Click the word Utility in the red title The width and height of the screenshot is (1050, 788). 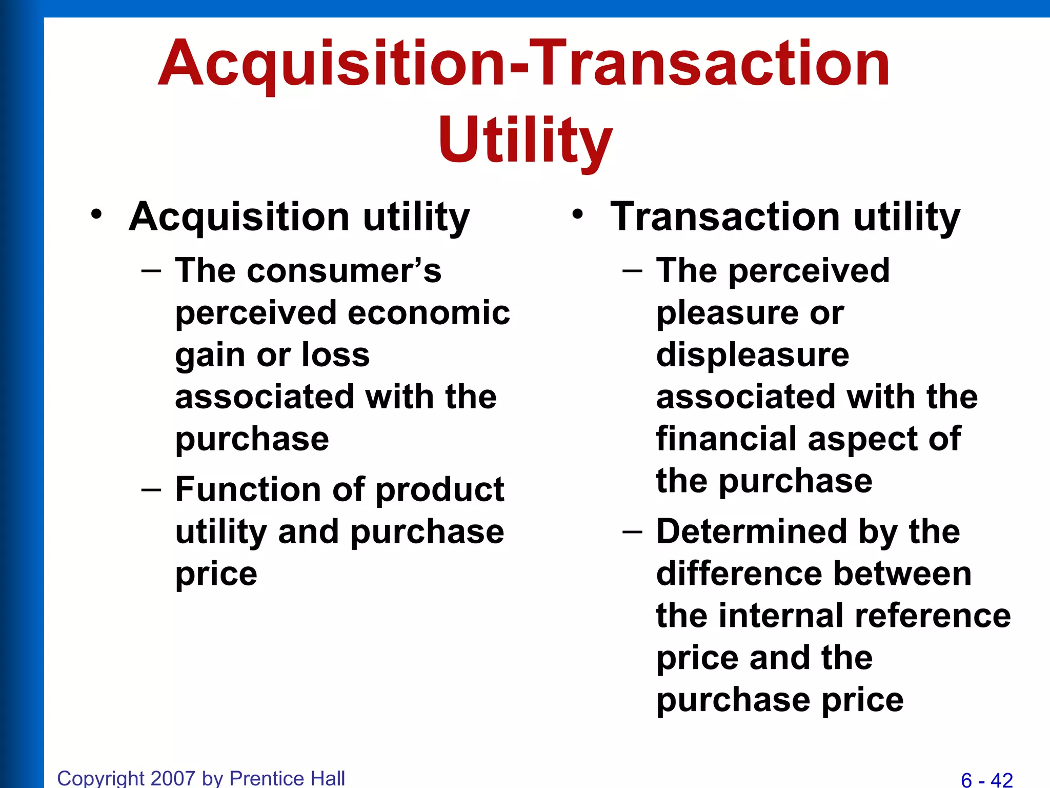[x=525, y=140]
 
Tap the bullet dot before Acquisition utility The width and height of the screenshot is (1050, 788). [x=96, y=214]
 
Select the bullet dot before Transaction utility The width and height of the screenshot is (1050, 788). [x=578, y=214]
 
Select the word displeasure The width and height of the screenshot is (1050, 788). [x=753, y=356]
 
